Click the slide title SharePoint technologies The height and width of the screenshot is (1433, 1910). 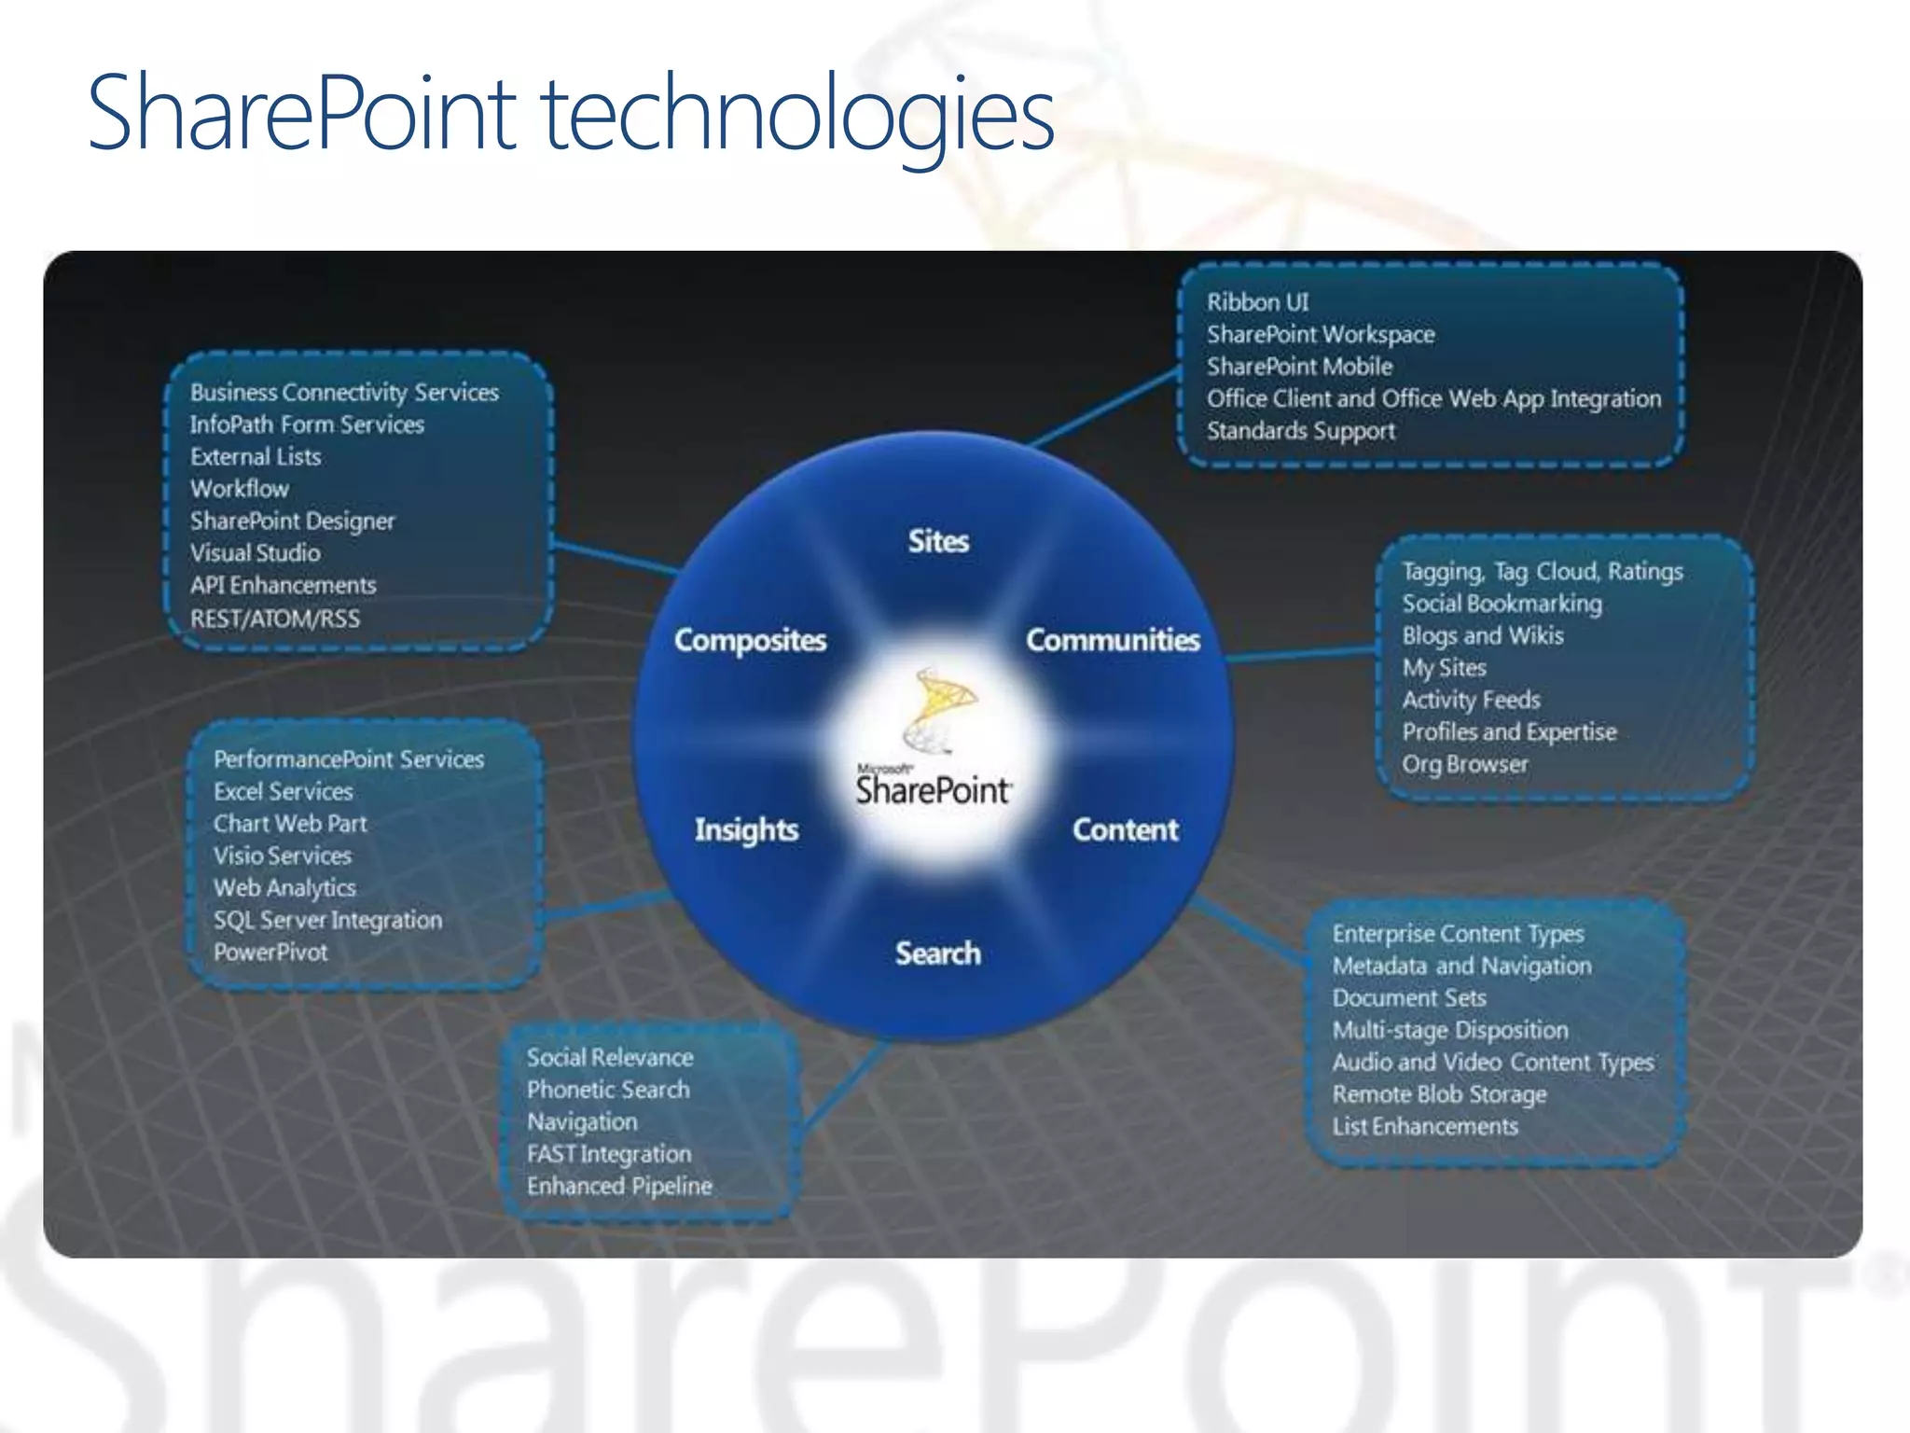(571, 114)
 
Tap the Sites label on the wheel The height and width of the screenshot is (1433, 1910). (938, 541)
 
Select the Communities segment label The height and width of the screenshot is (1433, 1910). (1113, 640)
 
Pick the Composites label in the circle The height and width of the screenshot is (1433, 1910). (750, 640)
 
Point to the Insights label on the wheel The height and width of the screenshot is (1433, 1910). (746, 829)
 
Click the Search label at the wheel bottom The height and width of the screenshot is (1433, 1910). (938, 953)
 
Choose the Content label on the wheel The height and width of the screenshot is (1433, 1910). (1125, 829)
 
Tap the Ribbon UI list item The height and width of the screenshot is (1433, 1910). (1257, 302)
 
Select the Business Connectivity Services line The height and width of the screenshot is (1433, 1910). (344, 393)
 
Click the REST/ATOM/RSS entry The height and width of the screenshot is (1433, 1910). (275, 619)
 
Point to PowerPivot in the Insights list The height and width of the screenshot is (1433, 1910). (270, 953)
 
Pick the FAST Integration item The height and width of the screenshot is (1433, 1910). (609, 1154)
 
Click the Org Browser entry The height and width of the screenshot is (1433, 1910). (1465, 764)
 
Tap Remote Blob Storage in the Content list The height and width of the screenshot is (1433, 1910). (1439, 1094)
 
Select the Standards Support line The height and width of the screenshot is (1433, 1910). (1301, 431)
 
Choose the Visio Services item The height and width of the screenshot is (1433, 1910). (283, 856)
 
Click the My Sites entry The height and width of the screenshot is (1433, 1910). (1444, 668)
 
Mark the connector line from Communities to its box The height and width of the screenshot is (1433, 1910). (1302, 654)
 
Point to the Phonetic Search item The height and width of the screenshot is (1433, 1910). (608, 1090)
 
